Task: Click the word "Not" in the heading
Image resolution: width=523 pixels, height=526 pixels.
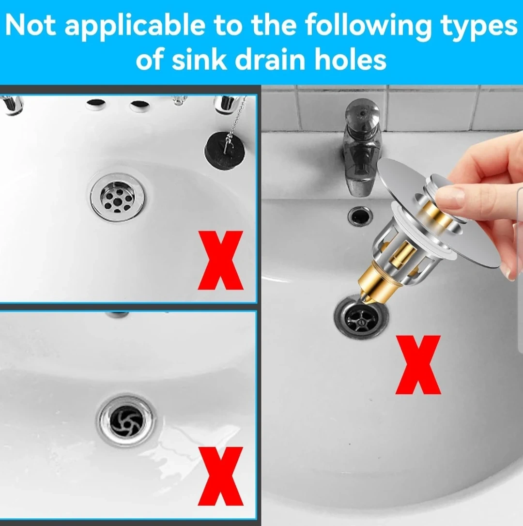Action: pyautogui.click(x=31, y=26)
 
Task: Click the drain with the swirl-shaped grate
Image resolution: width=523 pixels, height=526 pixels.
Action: pyautogui.click(x=126, y=420)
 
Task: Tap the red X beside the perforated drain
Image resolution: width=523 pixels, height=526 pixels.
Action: pyautogui.click(x=221, y=260)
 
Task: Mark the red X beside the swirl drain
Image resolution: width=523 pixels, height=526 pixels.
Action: pyautogui.click(x=220, y=476)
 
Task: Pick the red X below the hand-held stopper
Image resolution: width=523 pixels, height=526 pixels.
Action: pyautogui.click(x=418, y=365)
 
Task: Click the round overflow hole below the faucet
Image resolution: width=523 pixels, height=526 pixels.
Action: pyautogui.click(x=360, y=216)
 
